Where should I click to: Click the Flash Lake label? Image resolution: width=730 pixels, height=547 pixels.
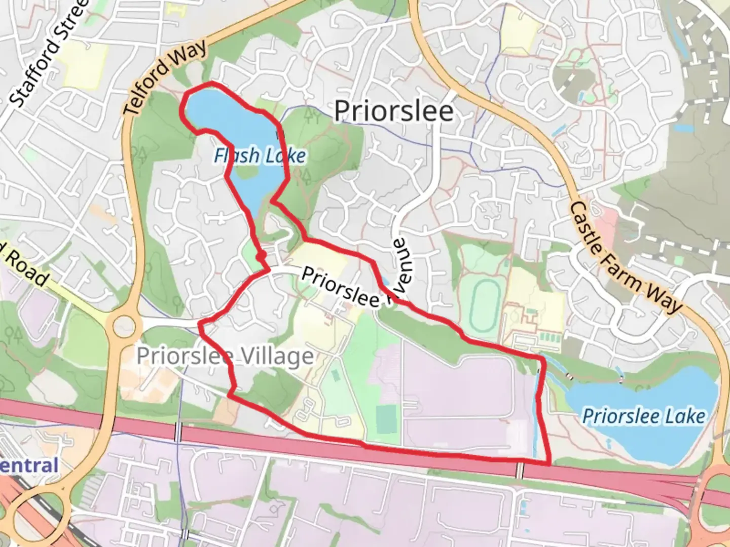pyautogui.click(x=260, y=156)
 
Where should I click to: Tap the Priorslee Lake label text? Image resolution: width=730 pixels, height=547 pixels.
pyautogui.click(x=643, y=416)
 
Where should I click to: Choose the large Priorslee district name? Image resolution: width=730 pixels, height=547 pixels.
pyautogui.click(x=393, y=111)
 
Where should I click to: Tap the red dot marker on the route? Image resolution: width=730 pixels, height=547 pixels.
pyautogui.click(x=261, y=257)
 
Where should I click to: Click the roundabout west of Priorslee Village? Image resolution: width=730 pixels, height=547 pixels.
pyautogui.click(x=124, y=326)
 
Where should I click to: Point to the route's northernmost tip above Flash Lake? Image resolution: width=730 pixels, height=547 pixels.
pyautogui.click(x=211, y=82)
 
